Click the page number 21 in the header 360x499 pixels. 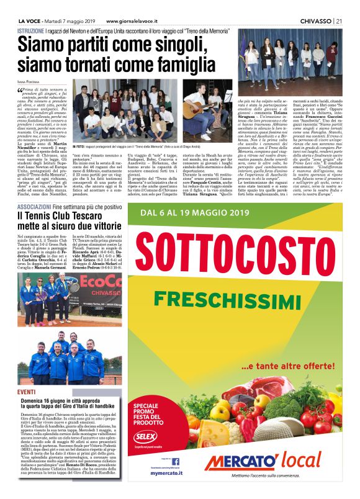pos(339,20)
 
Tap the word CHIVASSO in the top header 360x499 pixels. pos(315,20)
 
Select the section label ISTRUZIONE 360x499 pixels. pos(31,30)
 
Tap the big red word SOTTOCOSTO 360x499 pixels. pos(234,263)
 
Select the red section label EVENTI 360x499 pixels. pos(26,392)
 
